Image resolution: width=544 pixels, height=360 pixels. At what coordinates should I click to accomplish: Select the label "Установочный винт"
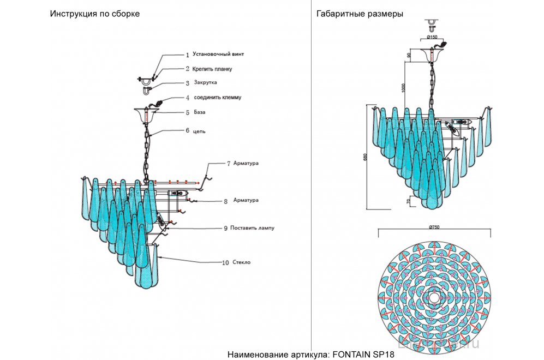pyautogui.click(x=218, y=55)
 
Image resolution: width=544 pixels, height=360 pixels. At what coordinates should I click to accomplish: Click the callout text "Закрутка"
pyautogui.click(x=206, y=83)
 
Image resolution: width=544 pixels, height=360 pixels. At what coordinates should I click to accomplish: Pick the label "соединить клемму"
pyautogui.click(x=217, y=98)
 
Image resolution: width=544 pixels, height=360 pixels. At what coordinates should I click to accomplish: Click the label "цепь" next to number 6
pyautogui.click(x=199, y=131)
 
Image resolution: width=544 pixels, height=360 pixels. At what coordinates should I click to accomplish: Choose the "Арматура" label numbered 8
pyautogui.click(x=246, y=200)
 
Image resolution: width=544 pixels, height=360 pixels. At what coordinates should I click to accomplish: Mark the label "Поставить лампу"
pyautogui.click(x=252, y=227)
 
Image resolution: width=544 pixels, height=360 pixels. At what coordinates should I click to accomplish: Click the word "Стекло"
pyautogui.click(x=241, y=262)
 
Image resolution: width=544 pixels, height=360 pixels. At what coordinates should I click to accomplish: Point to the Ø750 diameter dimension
pyautogui.click(x=434, y=227)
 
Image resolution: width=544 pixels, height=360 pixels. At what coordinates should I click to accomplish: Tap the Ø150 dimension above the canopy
pyautogui.click(x=432, y=37)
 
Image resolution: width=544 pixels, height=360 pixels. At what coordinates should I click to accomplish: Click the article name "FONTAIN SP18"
pyautogui.click(x=358, y=353)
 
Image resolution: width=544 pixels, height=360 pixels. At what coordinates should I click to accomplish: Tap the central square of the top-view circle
pyautogui.click(x=434, y=298)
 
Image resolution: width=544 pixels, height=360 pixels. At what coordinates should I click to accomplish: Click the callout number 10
pyautogui.click(x=225, y=263)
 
